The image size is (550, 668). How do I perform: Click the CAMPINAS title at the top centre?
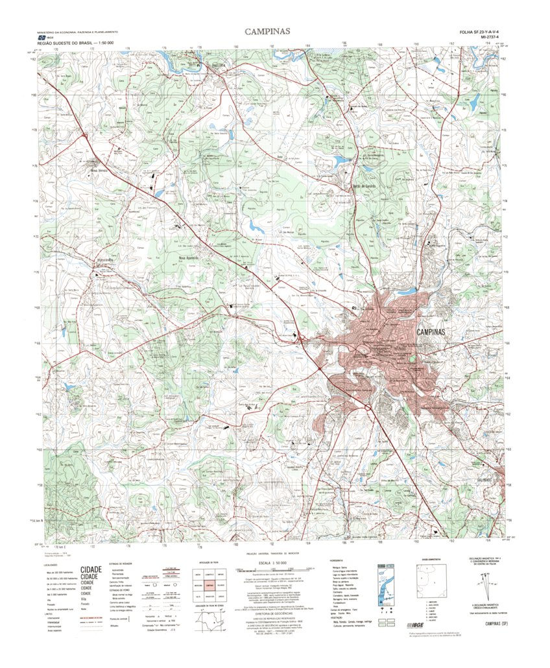(267, 31)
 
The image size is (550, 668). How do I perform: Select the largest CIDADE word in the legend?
(91, 571)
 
